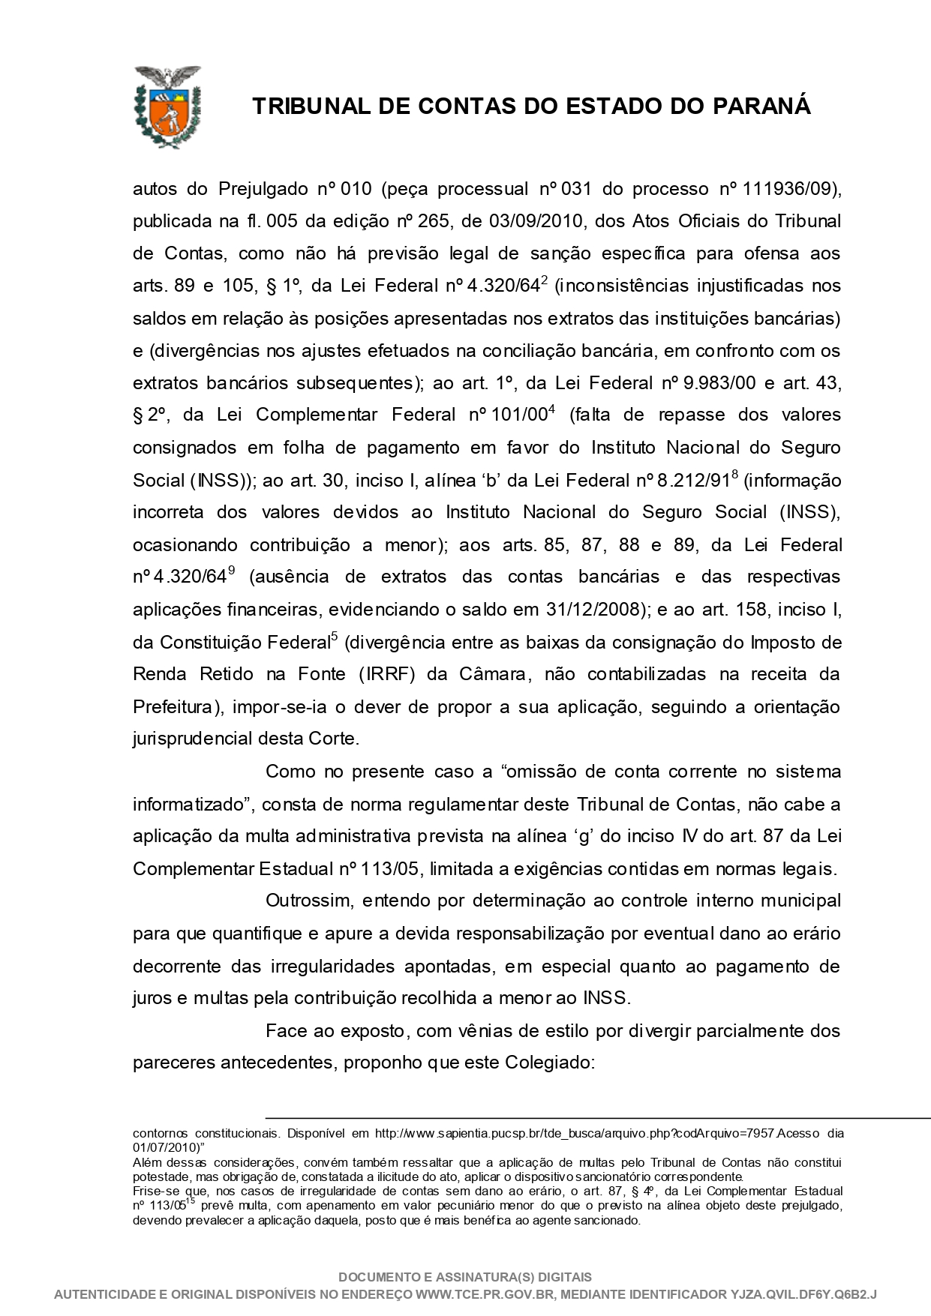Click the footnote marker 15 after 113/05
(190, 1201)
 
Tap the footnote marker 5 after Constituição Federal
(335, 637)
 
